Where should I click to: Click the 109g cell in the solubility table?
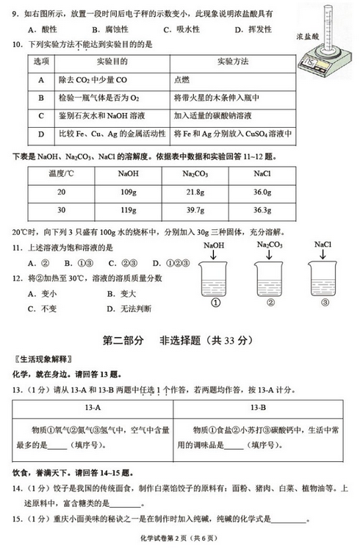(128, 191)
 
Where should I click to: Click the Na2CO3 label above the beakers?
(270, 245)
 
